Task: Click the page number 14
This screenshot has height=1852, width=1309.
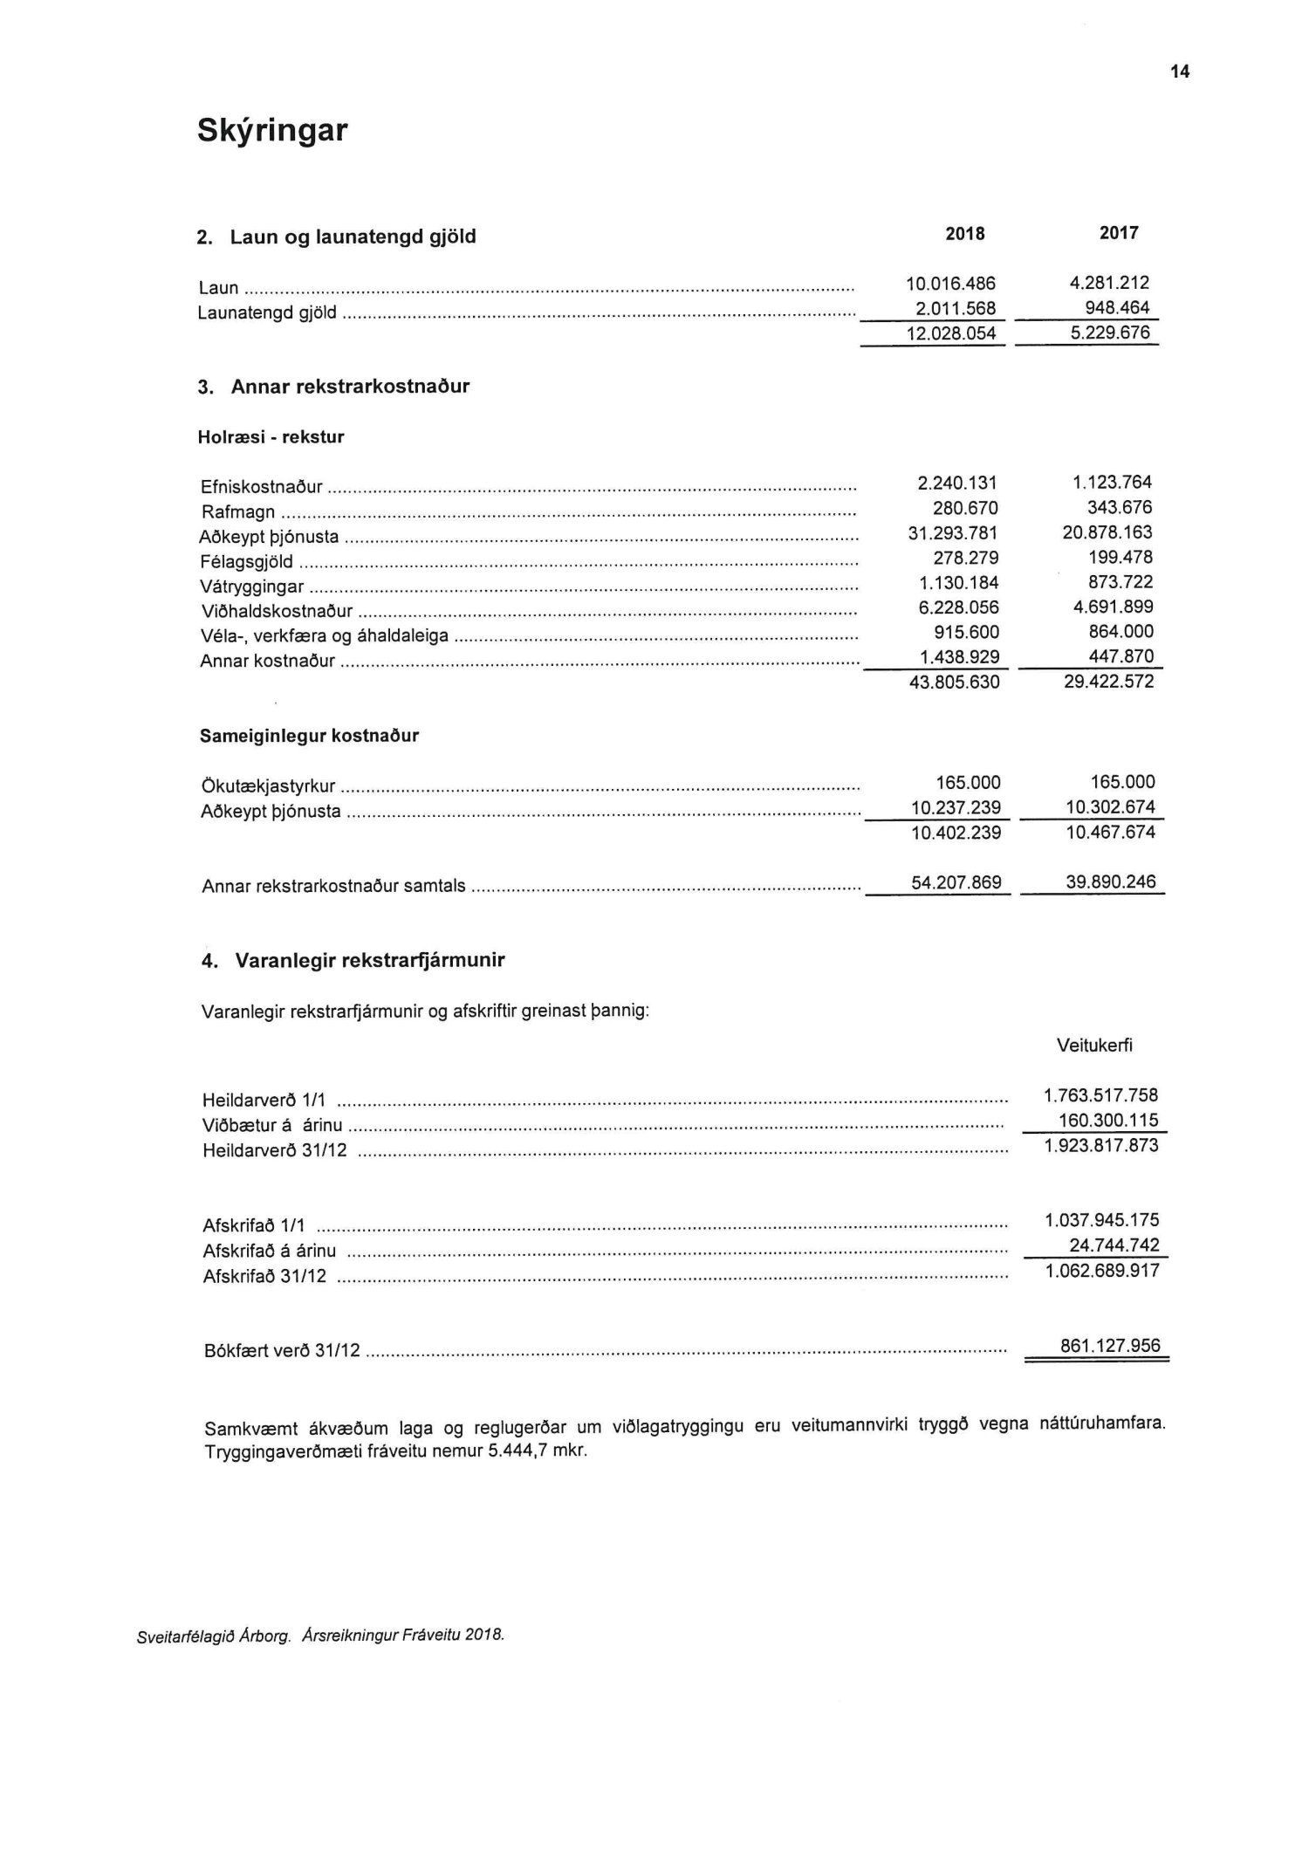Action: pos(1180,72)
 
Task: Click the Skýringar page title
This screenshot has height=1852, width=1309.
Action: pos(272,131)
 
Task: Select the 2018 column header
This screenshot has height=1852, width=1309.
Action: pos(964,234)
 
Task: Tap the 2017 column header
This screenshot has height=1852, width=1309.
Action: pos(1119,233)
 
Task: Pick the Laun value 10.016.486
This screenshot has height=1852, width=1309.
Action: pos(950,284)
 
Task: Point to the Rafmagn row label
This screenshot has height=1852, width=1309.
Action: pos(237,512)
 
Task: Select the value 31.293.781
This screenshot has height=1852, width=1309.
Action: pos(953,533)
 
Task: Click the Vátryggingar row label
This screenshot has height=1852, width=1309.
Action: pos(252,587)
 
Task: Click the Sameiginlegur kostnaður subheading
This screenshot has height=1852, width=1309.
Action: pos(309,736)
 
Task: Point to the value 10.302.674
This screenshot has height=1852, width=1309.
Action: pos(1110,807)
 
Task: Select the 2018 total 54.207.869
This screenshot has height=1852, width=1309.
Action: pos(956,883)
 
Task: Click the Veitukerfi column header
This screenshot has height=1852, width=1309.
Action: pos(1094,1046)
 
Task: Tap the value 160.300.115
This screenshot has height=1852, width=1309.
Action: pos(1107,1121)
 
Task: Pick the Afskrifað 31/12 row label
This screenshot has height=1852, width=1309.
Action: pos(264,1277)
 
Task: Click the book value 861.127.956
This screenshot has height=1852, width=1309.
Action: pos(1110,1346)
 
